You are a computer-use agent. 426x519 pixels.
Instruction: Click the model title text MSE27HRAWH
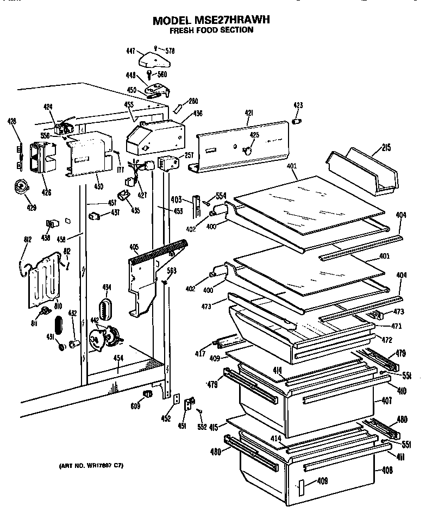pyautogui.click(x=211, y=20)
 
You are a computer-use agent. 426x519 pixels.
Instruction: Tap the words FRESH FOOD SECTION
pyautogui.click(x=211, y=30)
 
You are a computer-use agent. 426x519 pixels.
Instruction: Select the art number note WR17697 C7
pyautogui.click(x=87, y=466)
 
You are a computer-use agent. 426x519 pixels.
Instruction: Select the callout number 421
pyautogui.click(x=249, y=113)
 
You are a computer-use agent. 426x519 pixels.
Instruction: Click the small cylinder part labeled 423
pyautogui.click(x=297, y=122)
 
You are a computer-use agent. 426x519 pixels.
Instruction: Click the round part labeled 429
pyautogui.click(x=21, y=186)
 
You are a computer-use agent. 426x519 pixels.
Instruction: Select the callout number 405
pyautogui.click(x=134, y=248)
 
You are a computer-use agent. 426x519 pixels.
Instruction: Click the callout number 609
pyautogui.click(x=136, y=405)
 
